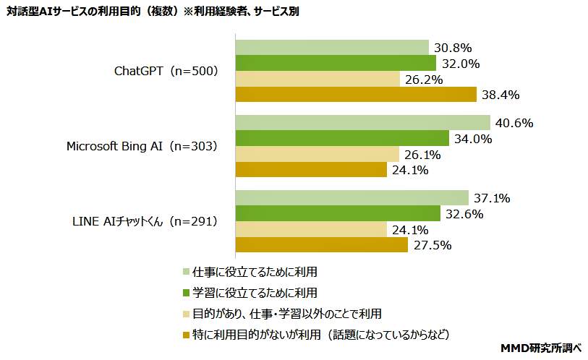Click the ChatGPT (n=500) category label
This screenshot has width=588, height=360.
166,71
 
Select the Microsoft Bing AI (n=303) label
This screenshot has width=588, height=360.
142,146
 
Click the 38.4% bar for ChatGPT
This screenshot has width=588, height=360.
356,95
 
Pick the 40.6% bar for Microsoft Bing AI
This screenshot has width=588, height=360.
362,123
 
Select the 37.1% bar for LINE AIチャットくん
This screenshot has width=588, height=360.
352,198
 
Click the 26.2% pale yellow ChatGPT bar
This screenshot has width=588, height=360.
318,79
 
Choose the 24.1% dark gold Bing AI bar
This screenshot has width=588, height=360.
311,170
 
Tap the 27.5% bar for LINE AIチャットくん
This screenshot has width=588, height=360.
322,245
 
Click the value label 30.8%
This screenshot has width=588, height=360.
453,48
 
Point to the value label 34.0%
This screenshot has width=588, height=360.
474,139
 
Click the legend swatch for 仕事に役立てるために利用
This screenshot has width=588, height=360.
187,272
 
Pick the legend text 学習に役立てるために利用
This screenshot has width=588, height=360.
255,293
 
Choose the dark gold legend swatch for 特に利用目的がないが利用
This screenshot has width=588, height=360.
187,335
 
